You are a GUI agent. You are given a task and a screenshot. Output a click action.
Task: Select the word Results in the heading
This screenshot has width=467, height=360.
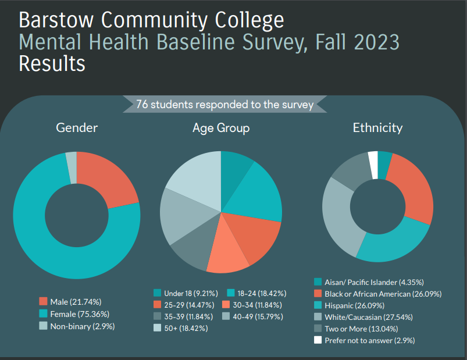(x=52, y=63)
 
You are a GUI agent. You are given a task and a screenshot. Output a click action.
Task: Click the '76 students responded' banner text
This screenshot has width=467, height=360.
(x=224, y=105)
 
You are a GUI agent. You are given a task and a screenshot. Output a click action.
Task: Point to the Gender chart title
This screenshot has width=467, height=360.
(x=77, y=128)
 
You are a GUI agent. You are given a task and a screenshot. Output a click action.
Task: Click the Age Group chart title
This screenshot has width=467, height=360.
(x=221, y=128)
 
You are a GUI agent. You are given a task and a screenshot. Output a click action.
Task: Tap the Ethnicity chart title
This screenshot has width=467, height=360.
(x=377, y=128)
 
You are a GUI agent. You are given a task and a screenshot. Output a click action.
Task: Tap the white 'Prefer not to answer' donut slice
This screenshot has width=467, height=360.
(x=373, y=158)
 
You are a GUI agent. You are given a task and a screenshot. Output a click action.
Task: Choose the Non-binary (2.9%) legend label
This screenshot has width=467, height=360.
(x=82, y=326)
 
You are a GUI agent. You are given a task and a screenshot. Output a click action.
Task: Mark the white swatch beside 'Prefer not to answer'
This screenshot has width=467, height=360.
(x=318, y=340)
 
